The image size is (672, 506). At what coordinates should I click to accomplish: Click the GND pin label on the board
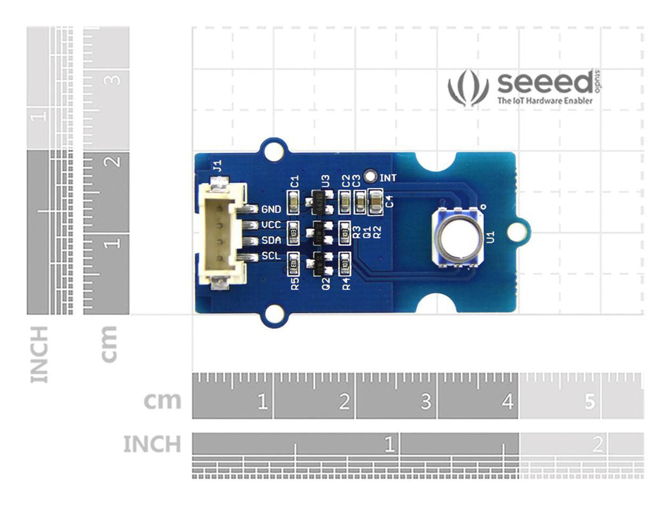271,210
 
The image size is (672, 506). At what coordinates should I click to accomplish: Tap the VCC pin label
271,225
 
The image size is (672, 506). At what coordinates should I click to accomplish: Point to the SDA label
271,240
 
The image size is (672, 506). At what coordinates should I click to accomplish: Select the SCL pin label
271,255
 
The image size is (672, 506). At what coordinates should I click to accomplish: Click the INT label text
388,177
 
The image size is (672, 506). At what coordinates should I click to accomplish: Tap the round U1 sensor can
457,236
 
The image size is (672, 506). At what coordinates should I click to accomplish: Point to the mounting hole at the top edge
271,150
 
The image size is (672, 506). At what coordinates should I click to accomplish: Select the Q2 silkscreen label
325,284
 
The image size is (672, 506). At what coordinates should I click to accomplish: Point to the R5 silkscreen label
295,284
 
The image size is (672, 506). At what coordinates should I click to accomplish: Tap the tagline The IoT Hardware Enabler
545,101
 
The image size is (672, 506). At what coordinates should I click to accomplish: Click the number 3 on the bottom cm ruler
426,401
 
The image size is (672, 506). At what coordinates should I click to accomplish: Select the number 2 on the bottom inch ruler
597,445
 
